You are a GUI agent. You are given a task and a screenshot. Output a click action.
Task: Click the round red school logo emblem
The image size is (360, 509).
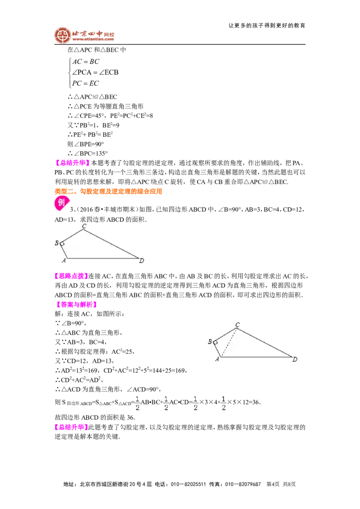click(63, 35)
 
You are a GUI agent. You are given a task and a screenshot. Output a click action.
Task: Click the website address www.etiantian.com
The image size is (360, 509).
click(93, 39)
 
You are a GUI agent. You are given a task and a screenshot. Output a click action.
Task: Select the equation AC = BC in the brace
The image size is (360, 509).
click(86, 61)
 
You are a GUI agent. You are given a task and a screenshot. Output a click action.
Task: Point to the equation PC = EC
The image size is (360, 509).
click(85, 83)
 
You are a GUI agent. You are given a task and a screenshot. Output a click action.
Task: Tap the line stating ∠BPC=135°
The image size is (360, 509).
click(87, 153)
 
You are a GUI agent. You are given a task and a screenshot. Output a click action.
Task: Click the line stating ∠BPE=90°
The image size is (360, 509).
click(86, 144)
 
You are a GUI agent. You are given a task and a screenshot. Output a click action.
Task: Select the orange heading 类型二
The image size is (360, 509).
click(108, 191)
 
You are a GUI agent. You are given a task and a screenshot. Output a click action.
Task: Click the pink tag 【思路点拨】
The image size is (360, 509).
click(71, 276)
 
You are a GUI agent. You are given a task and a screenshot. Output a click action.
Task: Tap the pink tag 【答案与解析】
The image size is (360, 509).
click(76, 304)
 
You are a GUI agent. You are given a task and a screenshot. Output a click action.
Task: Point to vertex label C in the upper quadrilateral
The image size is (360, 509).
click(84, 226)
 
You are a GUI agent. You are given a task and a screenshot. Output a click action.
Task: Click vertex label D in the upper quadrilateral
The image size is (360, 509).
click(142, 260)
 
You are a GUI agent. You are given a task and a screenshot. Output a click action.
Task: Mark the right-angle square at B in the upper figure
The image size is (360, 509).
click(62, 243)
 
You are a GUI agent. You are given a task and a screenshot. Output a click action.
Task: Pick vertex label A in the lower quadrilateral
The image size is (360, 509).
click(217, 359)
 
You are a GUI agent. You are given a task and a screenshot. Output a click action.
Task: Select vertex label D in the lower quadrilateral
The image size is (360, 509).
click(295, 359)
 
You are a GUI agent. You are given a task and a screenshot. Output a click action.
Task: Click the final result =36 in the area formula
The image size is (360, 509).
click(254, 402)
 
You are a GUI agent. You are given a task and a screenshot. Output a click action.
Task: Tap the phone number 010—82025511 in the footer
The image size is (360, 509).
click(189, 484)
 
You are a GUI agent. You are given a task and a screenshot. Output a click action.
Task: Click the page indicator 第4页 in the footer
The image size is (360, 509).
click(273, 484)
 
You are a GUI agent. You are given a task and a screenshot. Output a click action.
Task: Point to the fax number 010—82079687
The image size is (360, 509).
click(243, 484)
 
